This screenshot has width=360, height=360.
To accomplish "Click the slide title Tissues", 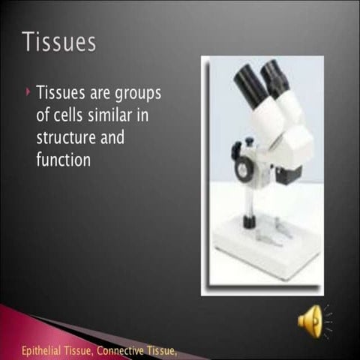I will coord(59,41).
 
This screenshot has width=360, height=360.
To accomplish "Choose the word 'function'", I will coord(64,160).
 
